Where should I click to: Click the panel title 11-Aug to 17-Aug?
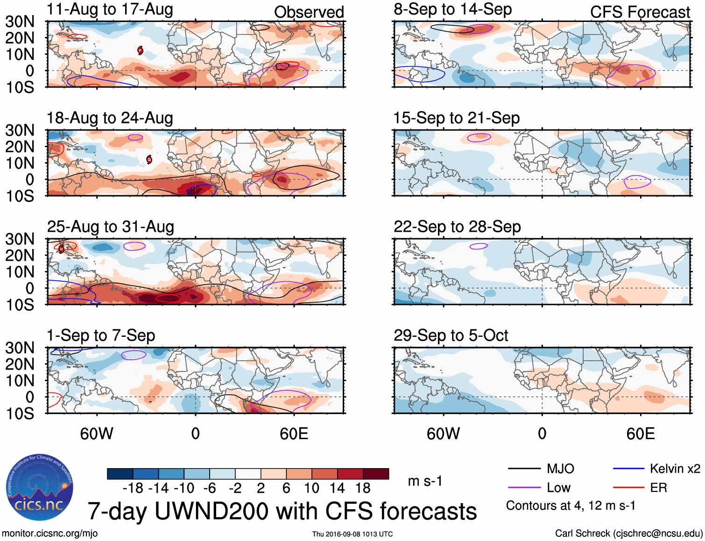[110, 9]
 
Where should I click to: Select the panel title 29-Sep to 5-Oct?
[451, 335]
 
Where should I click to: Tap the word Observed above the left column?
[309, 12]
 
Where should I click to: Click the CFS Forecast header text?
[640, 12]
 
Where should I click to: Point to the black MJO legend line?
[524, 469]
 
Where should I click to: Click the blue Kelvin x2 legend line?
[628, 469]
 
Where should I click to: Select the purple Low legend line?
[524, 488]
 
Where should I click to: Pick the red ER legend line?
[628, 488]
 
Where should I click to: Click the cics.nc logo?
[39, 488]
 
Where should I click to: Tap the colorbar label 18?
[363, 488]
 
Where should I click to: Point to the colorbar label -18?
[133, 488]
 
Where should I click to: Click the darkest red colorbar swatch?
[376, 474]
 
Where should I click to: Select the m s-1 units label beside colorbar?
[425, 481]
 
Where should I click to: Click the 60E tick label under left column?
[294, 434]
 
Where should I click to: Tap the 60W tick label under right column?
[443, 434]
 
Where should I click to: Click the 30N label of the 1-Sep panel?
[20, 348]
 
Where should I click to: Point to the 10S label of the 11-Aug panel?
[20, 87]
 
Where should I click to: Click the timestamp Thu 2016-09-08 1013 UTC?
[352, 534]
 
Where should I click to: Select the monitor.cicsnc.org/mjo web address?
[49, 534]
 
